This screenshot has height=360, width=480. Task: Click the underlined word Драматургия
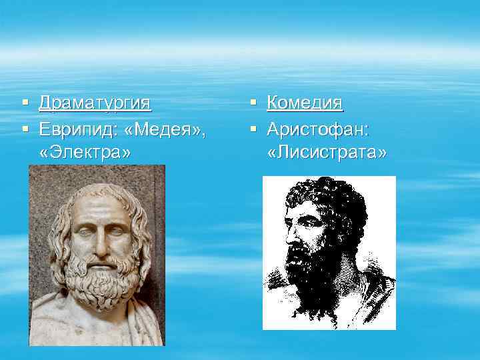click(95, 103)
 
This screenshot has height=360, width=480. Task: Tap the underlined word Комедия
click(305, 103)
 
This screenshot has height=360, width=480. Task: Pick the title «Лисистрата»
click(327, 153)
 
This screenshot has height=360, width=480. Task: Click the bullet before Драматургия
click(25, 103)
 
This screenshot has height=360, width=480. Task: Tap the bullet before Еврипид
click(25, 129)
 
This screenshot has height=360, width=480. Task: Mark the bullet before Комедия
click(253, 103)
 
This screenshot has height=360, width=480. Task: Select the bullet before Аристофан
click(253, 129)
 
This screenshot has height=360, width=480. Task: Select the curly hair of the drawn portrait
click(327, 197)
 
